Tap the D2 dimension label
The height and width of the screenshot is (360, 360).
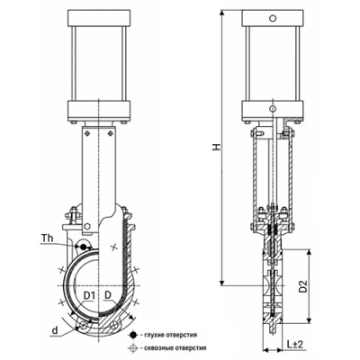(303, 286)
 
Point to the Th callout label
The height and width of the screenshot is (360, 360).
(48, 238)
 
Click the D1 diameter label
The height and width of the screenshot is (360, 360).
(89, 296)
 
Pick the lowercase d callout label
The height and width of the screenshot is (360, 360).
(55, 330)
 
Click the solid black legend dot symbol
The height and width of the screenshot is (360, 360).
(132, 335)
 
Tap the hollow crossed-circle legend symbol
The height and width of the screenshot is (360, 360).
(132, 348)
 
